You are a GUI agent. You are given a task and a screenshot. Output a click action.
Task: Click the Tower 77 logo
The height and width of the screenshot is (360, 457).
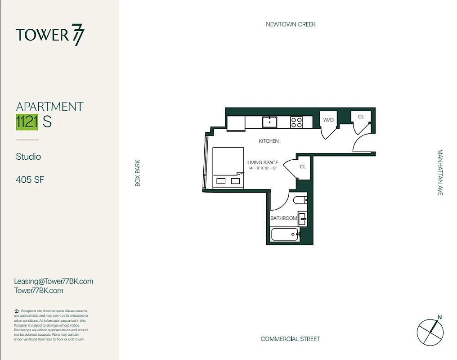pyautogui.click(x=50, y=36)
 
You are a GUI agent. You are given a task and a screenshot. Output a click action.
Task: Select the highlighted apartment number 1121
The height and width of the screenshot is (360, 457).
pyautogui.click(x=27, y=122)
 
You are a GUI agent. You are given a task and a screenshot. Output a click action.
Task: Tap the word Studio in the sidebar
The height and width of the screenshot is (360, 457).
pyautogui.click(x=28, y=157)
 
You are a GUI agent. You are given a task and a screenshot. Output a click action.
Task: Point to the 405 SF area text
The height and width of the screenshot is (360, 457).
pyautogui.click(x=30, y=180)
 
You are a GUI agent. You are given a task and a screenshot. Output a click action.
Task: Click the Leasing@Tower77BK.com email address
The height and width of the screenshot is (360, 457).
pyautogui.click(x=54, y=281)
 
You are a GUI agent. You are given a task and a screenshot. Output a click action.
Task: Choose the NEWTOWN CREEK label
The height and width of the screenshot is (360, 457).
pyautogui.click(x=291, y=24)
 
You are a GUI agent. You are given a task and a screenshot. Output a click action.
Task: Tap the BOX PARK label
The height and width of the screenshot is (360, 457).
pyautogui.click(x=138, y=173)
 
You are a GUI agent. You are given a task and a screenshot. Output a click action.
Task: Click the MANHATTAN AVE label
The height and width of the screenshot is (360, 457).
pyautogui.click(x=440, y=172)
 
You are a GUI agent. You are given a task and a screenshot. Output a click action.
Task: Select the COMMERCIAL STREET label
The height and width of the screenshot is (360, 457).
pyautogui.click(x=290, y=339)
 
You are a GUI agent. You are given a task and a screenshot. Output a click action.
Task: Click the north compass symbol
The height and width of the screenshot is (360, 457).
pyautogui.click(x=430, y=332)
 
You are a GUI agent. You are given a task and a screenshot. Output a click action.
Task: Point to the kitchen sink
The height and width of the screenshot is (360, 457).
pyautogui.click(x=270, y=121)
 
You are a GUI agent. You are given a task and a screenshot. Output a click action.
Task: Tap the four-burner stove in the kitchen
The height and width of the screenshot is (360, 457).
pyautogui.click(x=296, y=122)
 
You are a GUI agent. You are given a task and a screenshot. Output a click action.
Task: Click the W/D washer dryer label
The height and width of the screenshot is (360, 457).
pyautogui.click(x=328, y=120)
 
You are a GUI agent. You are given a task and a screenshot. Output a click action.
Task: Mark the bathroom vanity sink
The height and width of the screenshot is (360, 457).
pyautogui.click(x=302, y=219)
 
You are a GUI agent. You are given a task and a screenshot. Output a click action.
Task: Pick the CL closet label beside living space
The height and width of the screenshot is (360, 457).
pyautogui.click(x=303, y=166)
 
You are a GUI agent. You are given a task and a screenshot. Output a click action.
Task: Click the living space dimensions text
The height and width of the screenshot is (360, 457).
pyautogui.click(x=262, y=168)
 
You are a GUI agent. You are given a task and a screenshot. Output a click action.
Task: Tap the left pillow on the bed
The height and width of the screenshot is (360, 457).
pyautogui.click(x=221, y=181)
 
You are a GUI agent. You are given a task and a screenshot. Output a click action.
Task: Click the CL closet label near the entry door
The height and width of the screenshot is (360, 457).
pyautogui.click(x=361, y=117)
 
